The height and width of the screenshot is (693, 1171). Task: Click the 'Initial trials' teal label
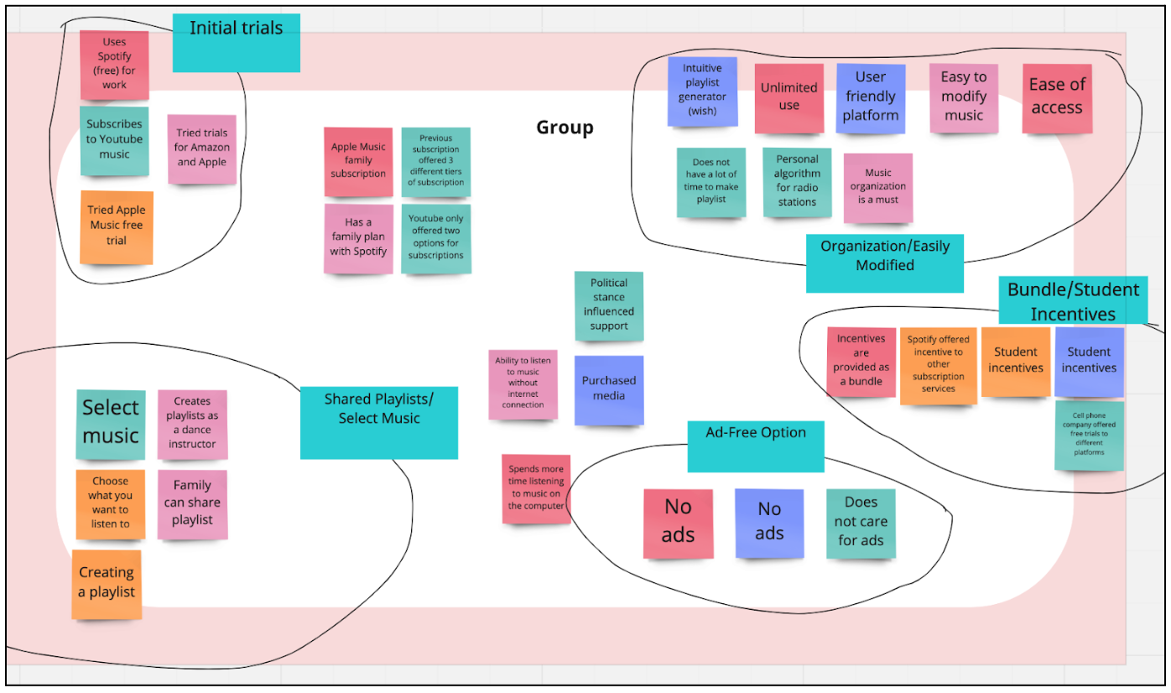click(236, 42)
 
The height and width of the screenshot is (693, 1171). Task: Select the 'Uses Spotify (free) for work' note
click(114, 64)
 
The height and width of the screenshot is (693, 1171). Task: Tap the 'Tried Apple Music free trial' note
click(117, 227)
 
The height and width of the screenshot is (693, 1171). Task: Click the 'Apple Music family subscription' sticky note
click(358, 161)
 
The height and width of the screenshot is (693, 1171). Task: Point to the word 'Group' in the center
click(565, 128)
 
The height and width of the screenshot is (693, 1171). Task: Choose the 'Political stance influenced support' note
click(609, 305)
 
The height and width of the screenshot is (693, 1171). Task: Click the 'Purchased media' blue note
click(609, 389)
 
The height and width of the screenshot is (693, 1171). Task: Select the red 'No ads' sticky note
click(678, 523)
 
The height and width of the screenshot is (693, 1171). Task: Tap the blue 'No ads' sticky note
click(769, 523)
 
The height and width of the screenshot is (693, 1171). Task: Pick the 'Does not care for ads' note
click(861, 523)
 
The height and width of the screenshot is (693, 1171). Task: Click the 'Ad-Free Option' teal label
click(756, 445)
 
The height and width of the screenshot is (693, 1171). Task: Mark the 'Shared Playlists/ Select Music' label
click(378, 422)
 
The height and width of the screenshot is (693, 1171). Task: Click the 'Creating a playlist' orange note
click(107, 584)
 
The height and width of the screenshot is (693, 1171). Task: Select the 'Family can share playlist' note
click(192, 503)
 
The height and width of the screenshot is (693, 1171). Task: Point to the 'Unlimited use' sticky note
click(788, 97)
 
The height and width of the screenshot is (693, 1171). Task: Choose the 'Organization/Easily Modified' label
click(884, 263)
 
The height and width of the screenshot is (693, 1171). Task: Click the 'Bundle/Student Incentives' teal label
click(1073, 300)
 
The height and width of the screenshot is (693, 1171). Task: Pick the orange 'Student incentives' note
click(1015, 362)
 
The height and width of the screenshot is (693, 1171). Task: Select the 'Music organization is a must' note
click(877, 187)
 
